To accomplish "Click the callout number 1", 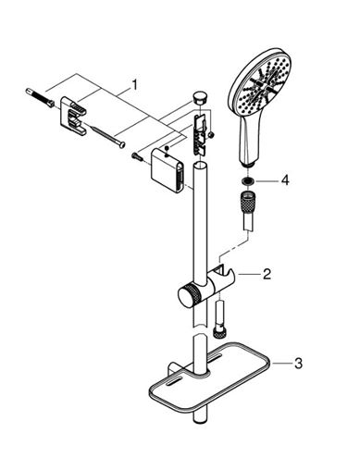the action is pyautogui.click(x=133, y=85).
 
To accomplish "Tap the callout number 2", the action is pyautogui.click(x=267, y=274).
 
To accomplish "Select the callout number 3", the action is pyautogui.click(x=298, y=364).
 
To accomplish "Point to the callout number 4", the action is pyautogui.click(x=285, y=180).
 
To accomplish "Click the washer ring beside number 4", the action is pyautogui.click(x=247, y=180).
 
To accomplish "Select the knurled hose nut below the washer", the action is pyautogui.click(x=247, y=201).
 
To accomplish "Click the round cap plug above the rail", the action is pyautogui.click(x=200, y=98).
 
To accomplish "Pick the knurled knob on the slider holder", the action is pyautogui.click(x=187, y=295).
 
